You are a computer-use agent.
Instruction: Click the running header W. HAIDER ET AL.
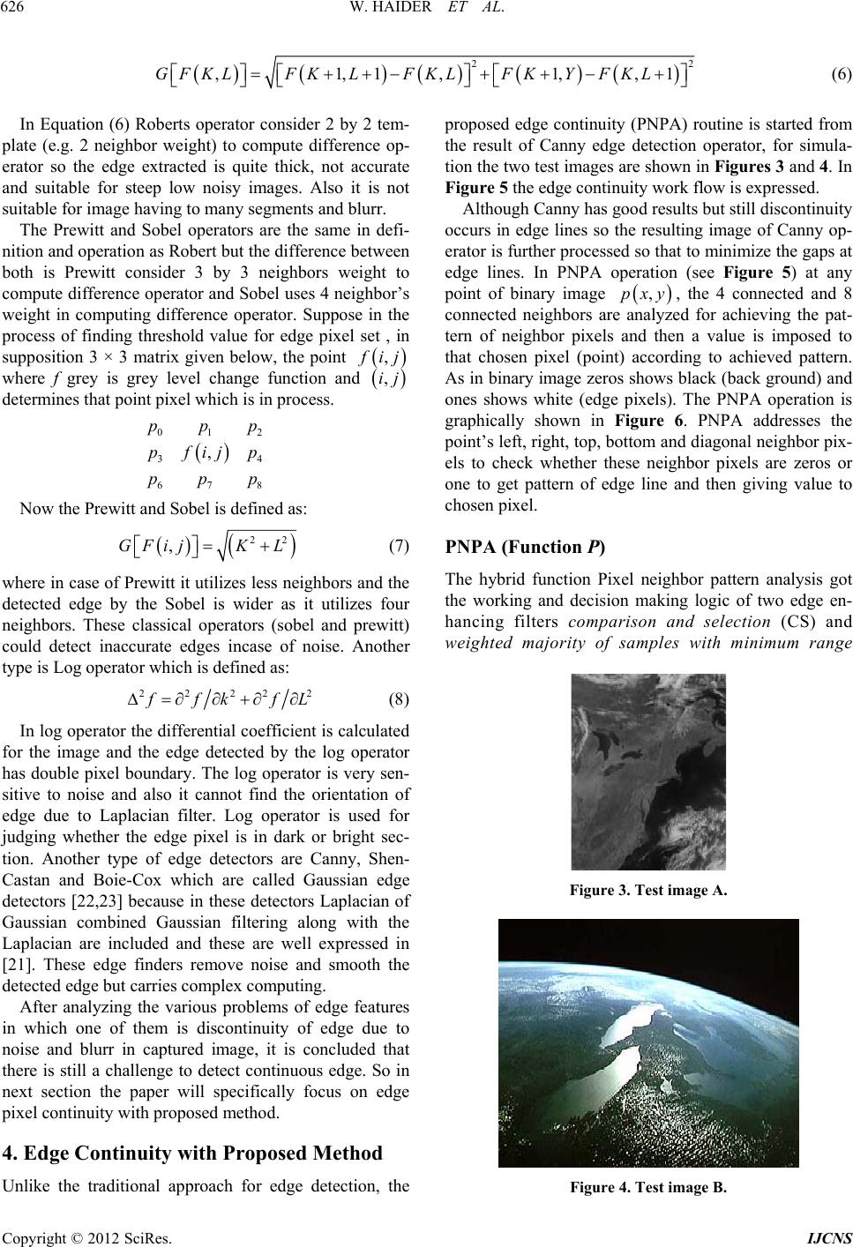click(426, 11)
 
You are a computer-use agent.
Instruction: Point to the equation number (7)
click(398, 546)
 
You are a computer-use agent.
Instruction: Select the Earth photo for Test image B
click(647, 1042)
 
